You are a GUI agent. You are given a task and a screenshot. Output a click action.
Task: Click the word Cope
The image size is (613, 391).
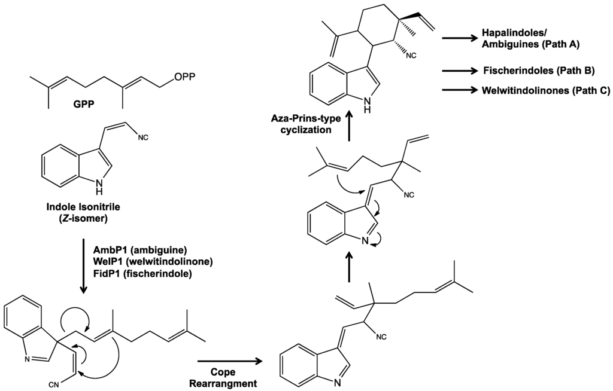[223, 371]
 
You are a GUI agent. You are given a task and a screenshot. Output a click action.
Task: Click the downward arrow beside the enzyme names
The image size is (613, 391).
[83, 267]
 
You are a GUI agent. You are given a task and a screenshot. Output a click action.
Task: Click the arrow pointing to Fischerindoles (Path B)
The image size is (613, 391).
[460, 71]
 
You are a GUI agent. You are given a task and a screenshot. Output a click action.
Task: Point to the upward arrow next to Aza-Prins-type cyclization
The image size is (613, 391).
[350, 130]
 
